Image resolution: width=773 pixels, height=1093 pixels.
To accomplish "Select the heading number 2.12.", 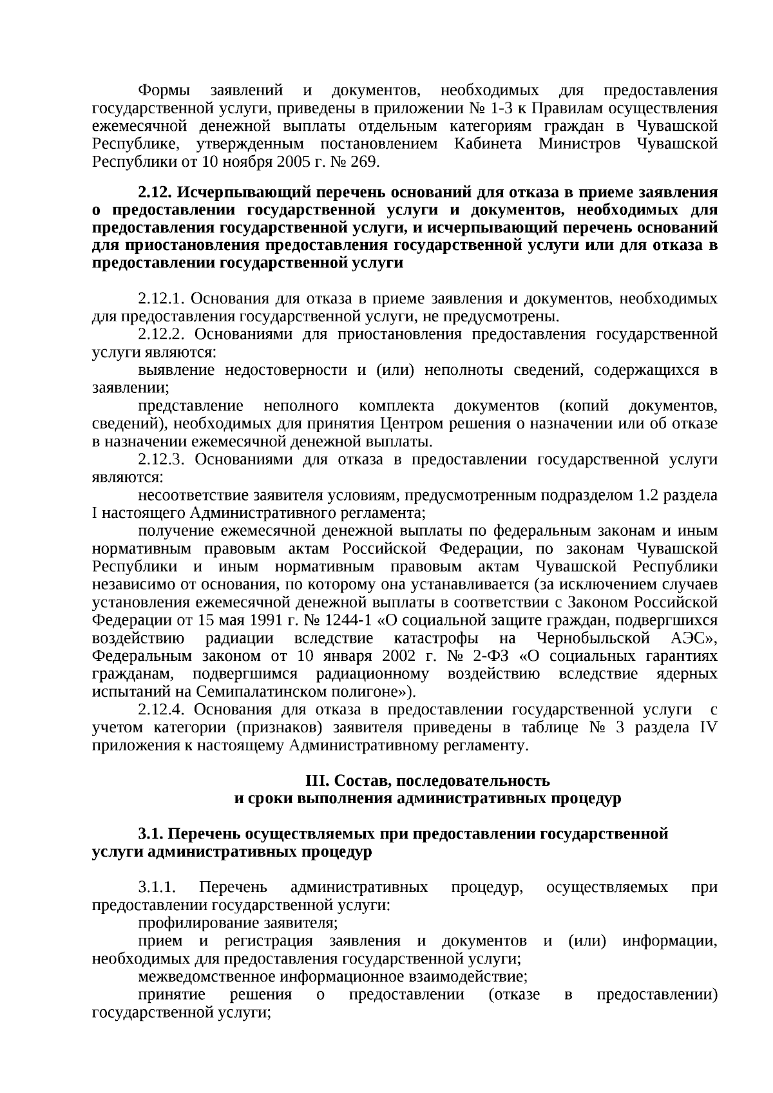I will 155,192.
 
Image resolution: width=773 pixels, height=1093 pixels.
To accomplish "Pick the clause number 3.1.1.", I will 157,888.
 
